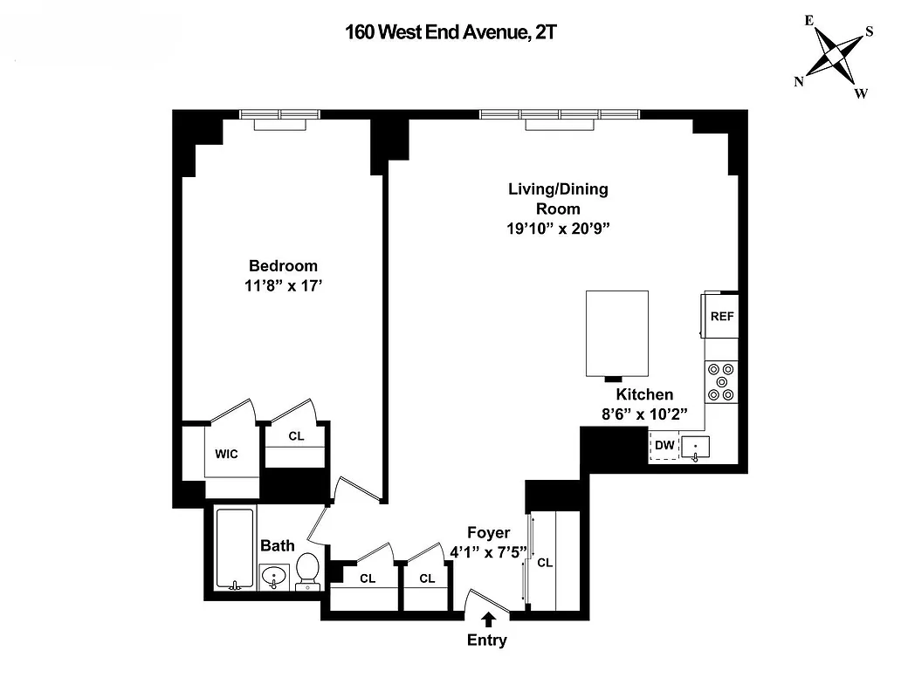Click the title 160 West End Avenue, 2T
click(450, 33)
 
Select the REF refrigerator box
click(721, 317)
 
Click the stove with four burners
click(721, 381)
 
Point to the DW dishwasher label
click(664, 446)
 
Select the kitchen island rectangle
click(617, 332)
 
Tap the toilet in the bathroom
click(306, 572)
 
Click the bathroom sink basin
click(275, 577)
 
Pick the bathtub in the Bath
click(234, 549)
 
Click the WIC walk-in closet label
click(226, 454)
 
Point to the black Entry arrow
click(487, 619)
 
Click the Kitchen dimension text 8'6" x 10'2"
click(645, 414)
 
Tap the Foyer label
click(488, 533)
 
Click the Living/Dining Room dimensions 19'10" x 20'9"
click(558, 229)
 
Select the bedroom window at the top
click(280, 114)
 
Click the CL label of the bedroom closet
click(296, 435)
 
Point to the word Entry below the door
click(486, 640)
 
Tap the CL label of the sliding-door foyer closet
click(545, 563)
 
